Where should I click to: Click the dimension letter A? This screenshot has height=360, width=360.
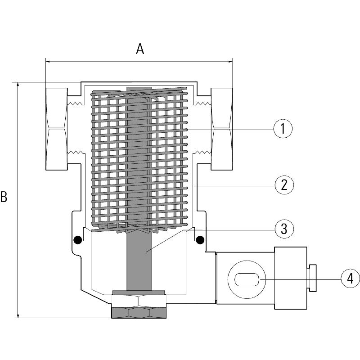140,49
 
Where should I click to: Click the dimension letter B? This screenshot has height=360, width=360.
4,197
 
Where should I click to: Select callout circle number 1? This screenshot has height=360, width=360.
283,129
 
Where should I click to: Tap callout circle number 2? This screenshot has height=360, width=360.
284,184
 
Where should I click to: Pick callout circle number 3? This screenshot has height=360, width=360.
284,229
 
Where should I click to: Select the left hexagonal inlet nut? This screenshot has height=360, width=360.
57,129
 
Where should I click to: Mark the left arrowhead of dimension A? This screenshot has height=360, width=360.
47,61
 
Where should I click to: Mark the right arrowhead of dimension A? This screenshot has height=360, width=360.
231,61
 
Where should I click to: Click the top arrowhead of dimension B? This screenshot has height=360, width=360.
18,85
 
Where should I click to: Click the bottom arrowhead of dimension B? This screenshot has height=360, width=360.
18,315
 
